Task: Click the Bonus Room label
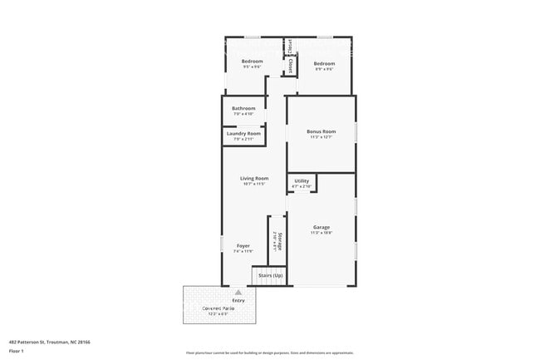(x=321, y=131)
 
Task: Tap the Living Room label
(x=254, y=178)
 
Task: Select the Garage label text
(x=321, y=227)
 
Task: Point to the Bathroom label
(x=243, y=108)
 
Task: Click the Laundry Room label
(x=243, y=133)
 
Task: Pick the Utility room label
(x=302, y=180)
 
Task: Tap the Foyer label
(x=243, y=246)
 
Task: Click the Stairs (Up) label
(x=270, y=275)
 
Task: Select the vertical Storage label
(x=280, y=240)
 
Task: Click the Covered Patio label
(x=219, y=308)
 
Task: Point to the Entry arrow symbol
(x=238, y=293)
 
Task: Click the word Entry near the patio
(x=238, y=300)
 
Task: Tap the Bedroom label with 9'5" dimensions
(x=252, y=62)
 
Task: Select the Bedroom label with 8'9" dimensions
(x=323, y=63)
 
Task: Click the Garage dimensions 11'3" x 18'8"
(x=321, y=234)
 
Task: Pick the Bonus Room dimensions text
(x=321, y=138)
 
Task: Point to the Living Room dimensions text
(x=254, y=185)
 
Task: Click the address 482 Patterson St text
(x=49, y=342)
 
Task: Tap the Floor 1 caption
(x=17, y=352)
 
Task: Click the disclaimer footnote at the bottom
(x=269, y=353)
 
